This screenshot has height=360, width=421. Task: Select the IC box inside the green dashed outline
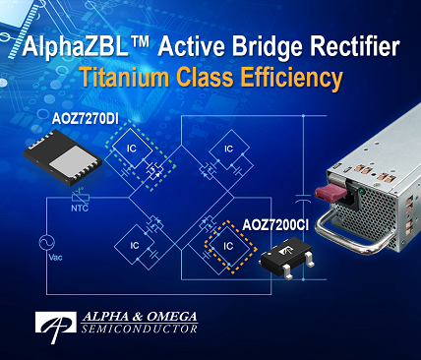(x=131, y=150)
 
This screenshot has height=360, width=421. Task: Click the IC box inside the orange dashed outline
(x=227, y=243)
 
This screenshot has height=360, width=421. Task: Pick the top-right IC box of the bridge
(x=228, y=150)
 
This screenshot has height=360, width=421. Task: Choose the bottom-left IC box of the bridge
(x=131, y=243)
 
